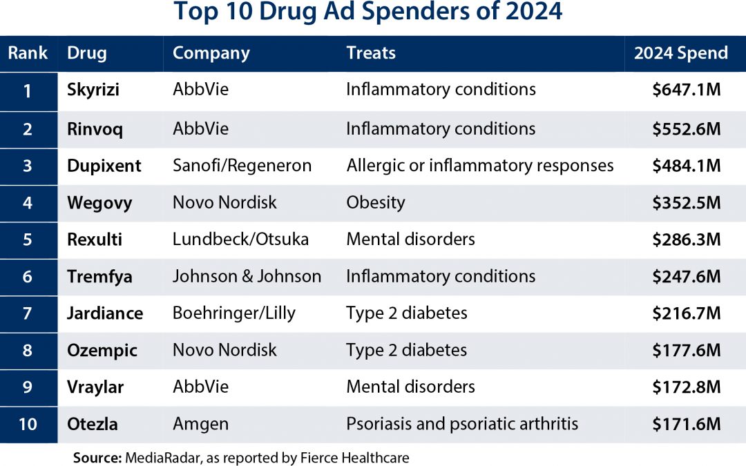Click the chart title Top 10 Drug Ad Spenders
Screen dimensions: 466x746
pyautogui.click(x=368, y=13)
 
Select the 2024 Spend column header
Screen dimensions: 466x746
pyautogui.click(x=681, y=53)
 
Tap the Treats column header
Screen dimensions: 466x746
pyautogui.click(x=371, y=53)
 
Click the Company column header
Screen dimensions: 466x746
pyautogui.click(x=211, y=53)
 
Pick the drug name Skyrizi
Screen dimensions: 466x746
pyautogui.click(x=94, y=90)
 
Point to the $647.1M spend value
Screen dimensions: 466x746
pyautogui.click(x=686, y=90)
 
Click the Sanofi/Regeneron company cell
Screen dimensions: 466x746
pyautogui.click(x=242, y=166)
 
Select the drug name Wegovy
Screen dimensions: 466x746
pyautogui.click(x=99, y=203)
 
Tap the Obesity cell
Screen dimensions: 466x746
pyautogui.click(x=376, y=202)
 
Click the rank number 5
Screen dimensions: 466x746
pyautogui.click(x=28, y=240)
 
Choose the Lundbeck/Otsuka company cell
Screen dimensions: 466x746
pyautogui.click(x=240, y=240)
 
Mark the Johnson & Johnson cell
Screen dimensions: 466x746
pyautogui.click(x=247, y=276)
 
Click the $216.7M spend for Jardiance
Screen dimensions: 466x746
pyautogui.click(x=686, y=313)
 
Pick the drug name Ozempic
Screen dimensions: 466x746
pyautogui.click(x=102, y=351)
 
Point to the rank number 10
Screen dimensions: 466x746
pyautogui.click(x=28, y=424)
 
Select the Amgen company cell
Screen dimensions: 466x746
pyautogui.click(x=200, y=424)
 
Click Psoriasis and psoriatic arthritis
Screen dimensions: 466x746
pyautogui.click(x=462, y=424)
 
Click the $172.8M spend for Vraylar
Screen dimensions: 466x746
pyautogui.click(x=686, y=387)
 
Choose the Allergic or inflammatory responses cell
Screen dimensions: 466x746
pyautogui.click(x=479, y=166)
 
